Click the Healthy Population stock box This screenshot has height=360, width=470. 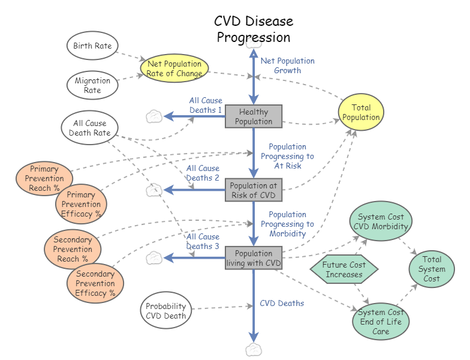coord(254,116)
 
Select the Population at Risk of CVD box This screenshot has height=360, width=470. coord(254,190)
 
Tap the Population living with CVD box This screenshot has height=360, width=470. coord(254,258)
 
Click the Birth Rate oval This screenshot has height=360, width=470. coord(92,46)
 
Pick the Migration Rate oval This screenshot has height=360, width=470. coord(92,85)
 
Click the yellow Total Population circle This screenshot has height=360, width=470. coord(361,112)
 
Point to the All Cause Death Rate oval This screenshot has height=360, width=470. coord(89,128)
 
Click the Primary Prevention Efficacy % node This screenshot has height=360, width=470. coord(80,205)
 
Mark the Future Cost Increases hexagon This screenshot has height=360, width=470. coord(344,269)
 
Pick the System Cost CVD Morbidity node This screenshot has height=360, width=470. coord(381,221)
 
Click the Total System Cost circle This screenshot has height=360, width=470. coord(432,269)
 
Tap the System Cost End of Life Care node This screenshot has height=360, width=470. coord(380,322)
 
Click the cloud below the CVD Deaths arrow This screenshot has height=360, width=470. coord(254,350)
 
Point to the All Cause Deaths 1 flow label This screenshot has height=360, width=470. coord(206,106)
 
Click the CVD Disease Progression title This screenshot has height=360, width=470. coord(254,29)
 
